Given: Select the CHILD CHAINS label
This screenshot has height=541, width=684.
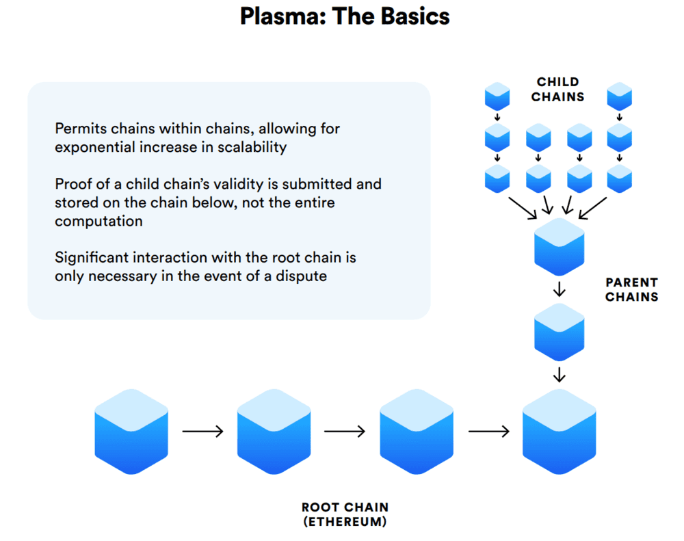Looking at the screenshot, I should click(x=558, y=90).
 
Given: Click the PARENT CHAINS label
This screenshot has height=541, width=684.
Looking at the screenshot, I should click(x=631, y=289).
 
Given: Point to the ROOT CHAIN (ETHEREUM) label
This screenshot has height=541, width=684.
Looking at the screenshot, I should click(x=345, y=514).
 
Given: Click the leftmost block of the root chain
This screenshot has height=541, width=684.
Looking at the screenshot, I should click(x=131, y=432).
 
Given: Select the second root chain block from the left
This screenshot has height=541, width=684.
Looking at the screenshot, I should click(x=274, y=432).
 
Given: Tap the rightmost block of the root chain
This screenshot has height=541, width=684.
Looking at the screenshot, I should click(x=560, y=432).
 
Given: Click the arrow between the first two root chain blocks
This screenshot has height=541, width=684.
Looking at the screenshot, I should click(x=202, y=432).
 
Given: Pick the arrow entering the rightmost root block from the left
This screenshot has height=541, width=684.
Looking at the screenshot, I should click(x=488, y=432).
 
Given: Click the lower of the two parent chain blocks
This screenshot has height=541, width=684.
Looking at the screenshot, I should click(x=560, y=332).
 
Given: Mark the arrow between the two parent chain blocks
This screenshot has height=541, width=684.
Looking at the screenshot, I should click(x=560, y=289).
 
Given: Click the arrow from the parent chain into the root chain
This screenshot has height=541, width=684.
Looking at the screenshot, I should click(x=560, y=374).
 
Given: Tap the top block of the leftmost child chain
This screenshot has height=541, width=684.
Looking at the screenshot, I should click(x=497, y=96).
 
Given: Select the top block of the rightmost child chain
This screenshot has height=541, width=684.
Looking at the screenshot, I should click(x=620, y=96).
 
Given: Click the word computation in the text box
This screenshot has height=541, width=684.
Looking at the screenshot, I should click(x=99, y=221).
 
